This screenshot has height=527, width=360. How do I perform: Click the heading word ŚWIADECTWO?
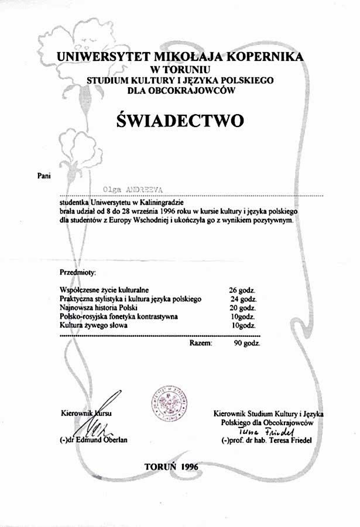click(180, 120)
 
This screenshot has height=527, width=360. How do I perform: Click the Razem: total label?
click(201, 343)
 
